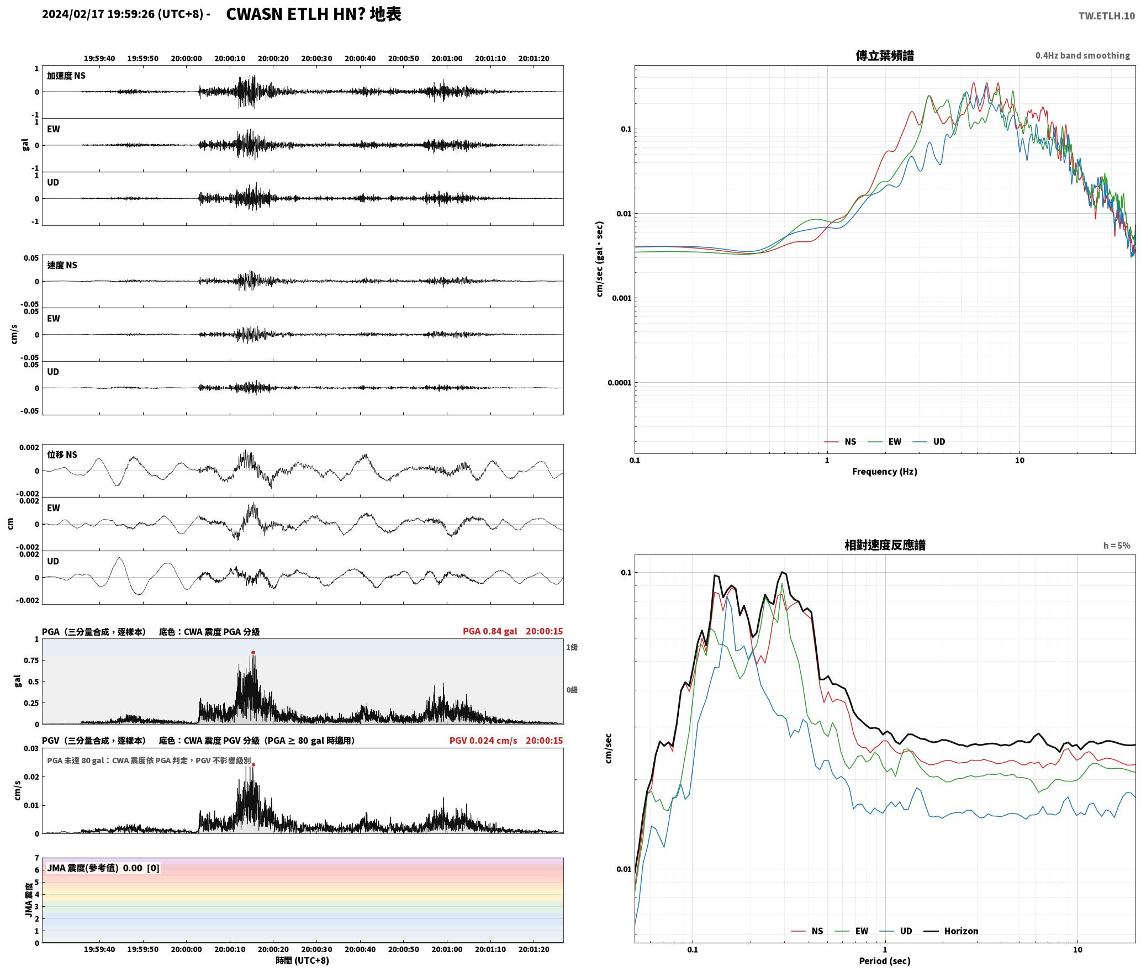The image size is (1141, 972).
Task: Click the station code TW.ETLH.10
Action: pos(1106,16)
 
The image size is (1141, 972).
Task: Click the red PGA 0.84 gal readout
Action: pos(490,631)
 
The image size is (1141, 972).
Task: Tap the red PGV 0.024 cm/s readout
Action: pos(483,741)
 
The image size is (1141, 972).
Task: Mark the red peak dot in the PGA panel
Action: pos(253,653)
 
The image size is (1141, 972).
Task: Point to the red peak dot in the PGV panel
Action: pos(253,765)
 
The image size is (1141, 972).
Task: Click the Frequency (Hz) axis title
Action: pos(884,472)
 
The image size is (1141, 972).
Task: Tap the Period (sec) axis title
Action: pos(884,961)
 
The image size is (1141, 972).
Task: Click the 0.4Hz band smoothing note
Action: pos(1082,56)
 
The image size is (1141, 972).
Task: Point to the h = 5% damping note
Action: pos(1117,546)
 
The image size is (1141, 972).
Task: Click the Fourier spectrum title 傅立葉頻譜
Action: pos(884,55)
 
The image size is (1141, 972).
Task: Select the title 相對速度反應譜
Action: pos(884,545)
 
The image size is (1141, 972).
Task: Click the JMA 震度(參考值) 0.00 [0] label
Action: pos(103,868)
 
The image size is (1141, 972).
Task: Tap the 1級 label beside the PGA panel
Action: pos(572,647)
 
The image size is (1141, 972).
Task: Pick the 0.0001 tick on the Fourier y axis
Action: pos(619,383)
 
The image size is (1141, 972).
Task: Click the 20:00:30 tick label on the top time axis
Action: pos(316,59)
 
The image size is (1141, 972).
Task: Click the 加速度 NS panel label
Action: pos(66,76)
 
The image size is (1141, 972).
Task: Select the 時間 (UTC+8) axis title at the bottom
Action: pos(302,960)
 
